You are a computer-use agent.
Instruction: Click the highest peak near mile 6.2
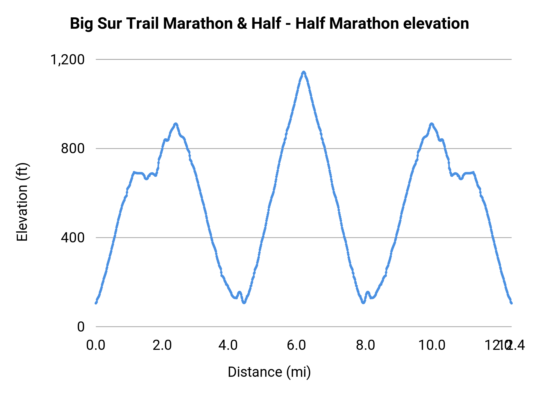304,72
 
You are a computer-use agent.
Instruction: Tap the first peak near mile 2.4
176,124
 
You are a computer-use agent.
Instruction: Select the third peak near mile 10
431,124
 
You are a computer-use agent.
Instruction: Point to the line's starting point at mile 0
96,303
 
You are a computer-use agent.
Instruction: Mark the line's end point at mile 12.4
511,303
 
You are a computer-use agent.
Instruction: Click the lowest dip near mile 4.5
244,303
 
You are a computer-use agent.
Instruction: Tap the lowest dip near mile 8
363,303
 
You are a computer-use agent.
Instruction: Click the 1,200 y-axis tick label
68,60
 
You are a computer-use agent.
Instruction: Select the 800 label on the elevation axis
73,148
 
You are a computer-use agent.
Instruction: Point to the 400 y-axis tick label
73,238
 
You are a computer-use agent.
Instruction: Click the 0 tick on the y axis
81,326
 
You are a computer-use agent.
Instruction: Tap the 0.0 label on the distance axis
96,345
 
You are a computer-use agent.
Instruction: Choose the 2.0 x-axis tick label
162,345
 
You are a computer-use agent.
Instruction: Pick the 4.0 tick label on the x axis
228,345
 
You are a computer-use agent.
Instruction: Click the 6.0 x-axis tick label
296,345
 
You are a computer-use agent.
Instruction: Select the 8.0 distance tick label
365,345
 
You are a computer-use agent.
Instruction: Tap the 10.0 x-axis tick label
431,345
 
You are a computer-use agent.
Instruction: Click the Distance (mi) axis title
269,372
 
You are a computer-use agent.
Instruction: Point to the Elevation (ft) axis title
22,202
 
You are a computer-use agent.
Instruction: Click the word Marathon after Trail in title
198,24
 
